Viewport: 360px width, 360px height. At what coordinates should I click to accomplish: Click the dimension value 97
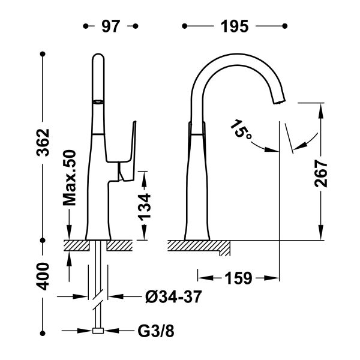(x=110, y=26)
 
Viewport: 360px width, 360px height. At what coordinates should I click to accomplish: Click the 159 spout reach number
(x=238, y=278)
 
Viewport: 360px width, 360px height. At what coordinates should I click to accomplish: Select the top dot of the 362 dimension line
(x=43, y=55)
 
